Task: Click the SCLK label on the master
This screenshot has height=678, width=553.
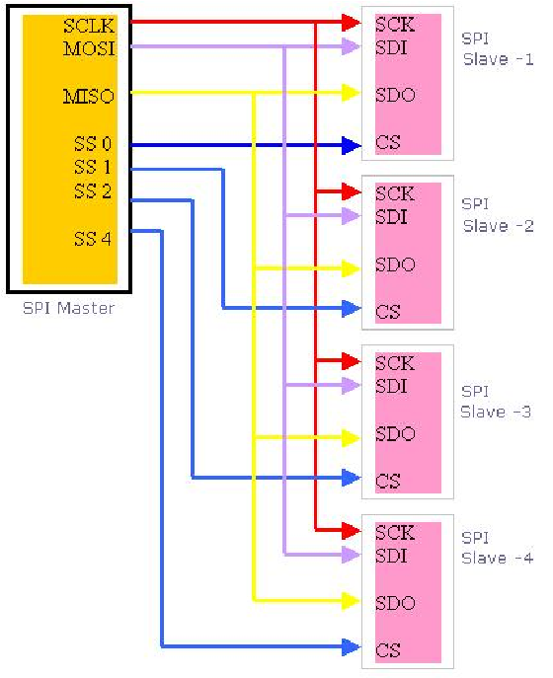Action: [89, 26]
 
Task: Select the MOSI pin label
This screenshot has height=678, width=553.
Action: [90, 48]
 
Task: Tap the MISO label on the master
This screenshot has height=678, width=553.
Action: [89, 96]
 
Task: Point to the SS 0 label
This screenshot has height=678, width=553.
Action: [93, 143]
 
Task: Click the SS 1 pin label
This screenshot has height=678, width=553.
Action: [93, 167]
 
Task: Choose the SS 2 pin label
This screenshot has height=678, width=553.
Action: [93, 191]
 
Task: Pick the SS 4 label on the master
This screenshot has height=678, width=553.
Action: [93, 239]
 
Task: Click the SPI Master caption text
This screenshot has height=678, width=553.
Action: [68, 308]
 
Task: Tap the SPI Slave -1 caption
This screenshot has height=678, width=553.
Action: [498, 48]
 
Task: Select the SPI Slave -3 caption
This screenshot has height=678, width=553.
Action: [496, 402]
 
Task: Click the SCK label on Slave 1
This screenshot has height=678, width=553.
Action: [395, 25]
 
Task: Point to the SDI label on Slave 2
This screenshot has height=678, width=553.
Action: [391, 217]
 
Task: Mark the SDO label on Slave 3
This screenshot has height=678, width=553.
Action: [395, 433]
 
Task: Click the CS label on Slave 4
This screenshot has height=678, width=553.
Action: [388, 650]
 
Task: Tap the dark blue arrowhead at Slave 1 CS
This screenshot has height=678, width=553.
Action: [352, 145]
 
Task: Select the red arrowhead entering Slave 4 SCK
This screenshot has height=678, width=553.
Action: [352, 530]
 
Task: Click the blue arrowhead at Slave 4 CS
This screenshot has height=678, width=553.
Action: [352, 646]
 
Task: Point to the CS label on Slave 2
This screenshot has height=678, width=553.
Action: [388, 312]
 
